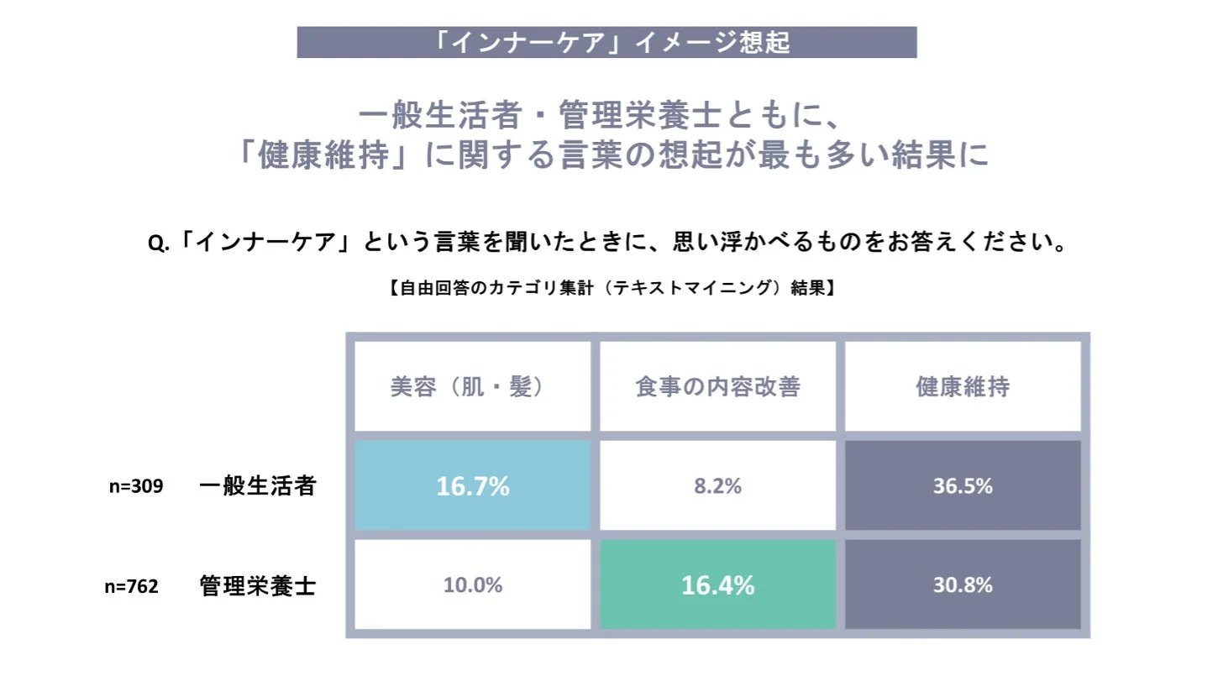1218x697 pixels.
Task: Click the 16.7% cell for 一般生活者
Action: click(x=472, y=485)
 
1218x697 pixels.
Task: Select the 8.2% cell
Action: click(x=717, y=485)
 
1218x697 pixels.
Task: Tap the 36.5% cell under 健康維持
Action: click(x=963, y=485)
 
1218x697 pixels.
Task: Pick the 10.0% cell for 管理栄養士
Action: click(x=472, y=584)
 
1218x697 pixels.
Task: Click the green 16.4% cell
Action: click(x=717, y=584)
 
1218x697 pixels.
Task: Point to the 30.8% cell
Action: click(x=963, y=584)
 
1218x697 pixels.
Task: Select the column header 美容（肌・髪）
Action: click(x=472, y=386)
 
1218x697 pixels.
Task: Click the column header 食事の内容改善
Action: click(x=717, y=386)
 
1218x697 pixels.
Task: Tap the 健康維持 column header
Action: click(x=963, y=386)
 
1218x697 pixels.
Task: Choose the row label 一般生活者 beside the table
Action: click(x=257, y=486)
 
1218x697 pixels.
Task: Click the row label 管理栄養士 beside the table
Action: click(x=257, y=585)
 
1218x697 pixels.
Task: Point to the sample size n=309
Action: click(x=136, y=486)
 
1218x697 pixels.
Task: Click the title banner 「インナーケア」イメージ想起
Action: click(x=606, y=42)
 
